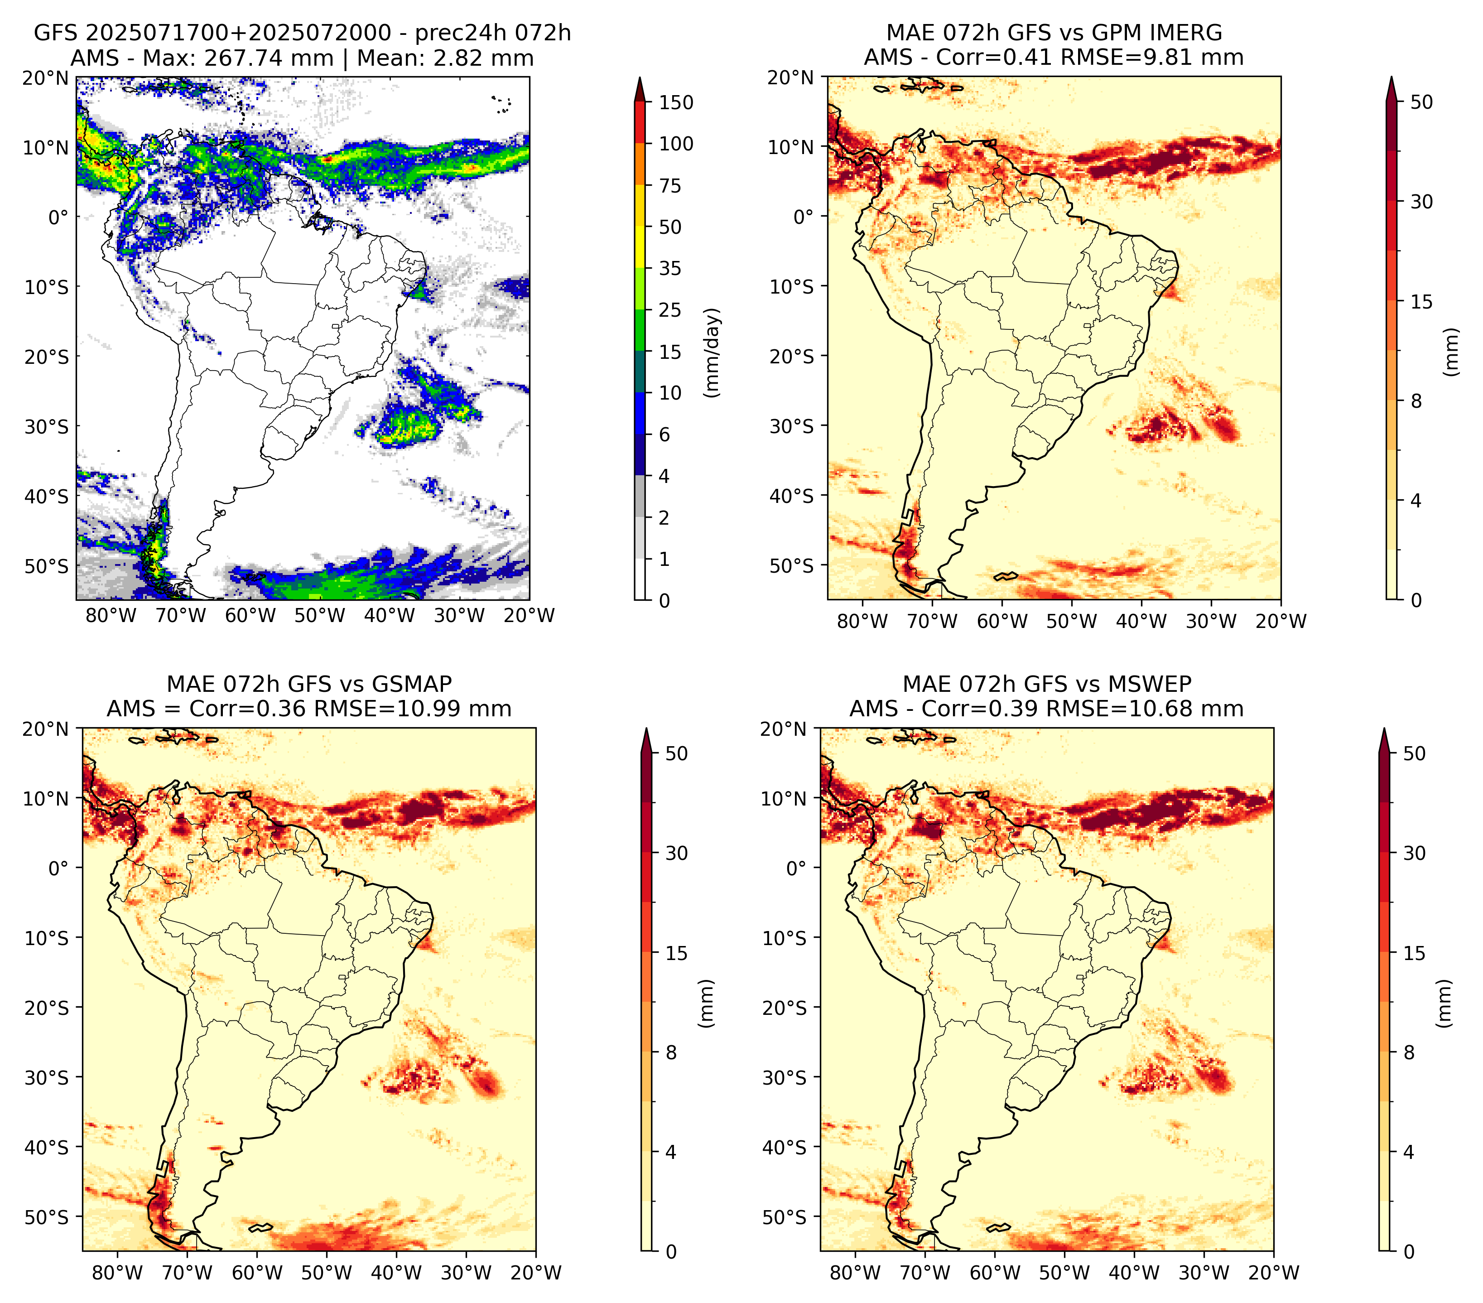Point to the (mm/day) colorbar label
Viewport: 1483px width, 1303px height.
[713, 352]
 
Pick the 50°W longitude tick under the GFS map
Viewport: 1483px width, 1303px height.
[320, 615]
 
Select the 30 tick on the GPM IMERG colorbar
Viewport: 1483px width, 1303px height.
[1422, 202]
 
